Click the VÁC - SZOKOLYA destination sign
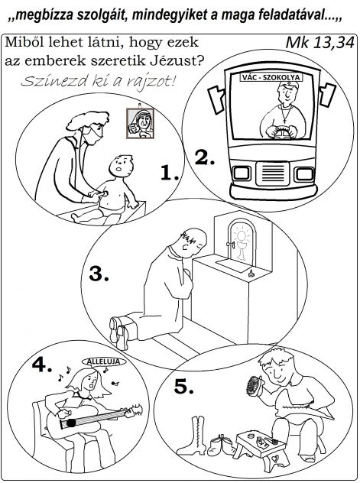tap(271, 77)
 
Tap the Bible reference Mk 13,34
tap(320, 43)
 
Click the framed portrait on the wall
tap(141, 123)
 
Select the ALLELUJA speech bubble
tap(104, 361)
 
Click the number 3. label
tap(99, 274)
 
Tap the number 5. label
tap(184, 386)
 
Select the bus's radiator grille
tap(273, 173)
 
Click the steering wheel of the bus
tap(281, 132)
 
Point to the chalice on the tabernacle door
tap(242, 250)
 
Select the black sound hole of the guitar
tap(71, 423)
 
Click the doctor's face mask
tap(92, 135)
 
